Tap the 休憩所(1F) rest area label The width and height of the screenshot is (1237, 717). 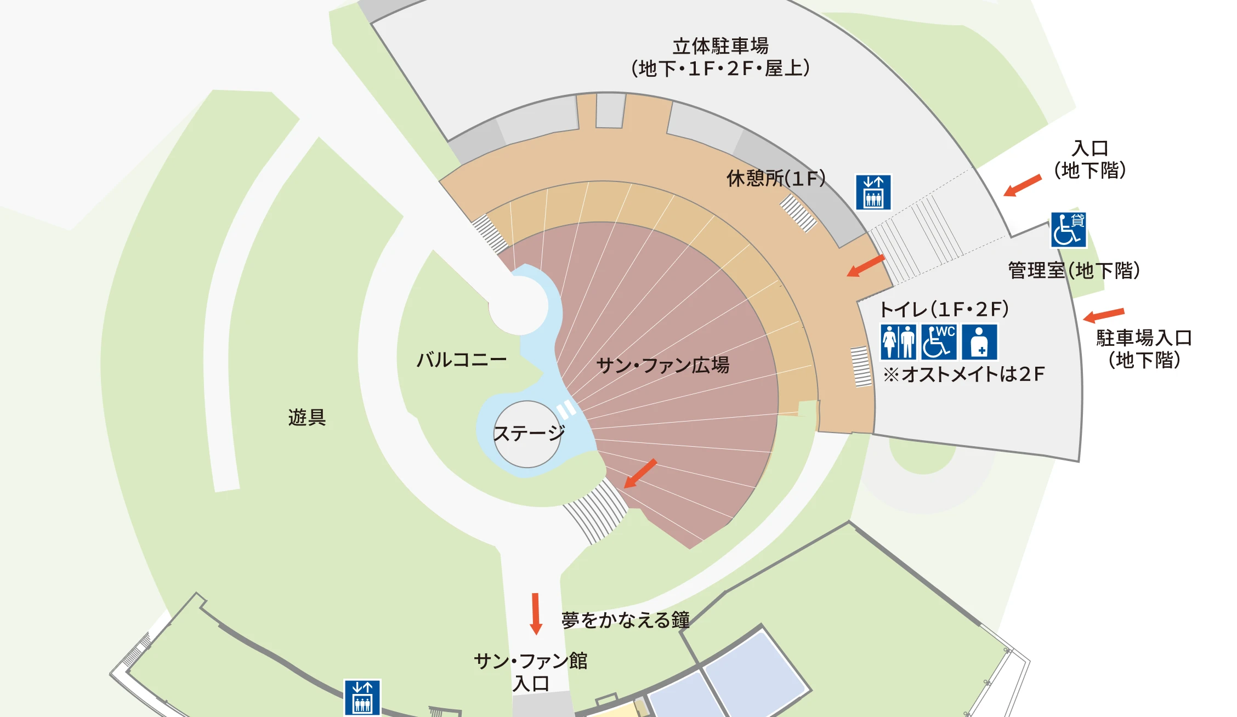click(x=775, y=178)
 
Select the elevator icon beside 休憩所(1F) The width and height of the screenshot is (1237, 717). click(x=873, y=192)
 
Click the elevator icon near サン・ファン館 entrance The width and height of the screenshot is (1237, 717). click(x=362, y=697)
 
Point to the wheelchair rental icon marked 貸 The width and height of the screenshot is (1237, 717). click(x=1068, y=230)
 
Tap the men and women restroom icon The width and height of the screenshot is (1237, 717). click(x=898, y=342)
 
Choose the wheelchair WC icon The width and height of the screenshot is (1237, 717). click(x=939, y=342)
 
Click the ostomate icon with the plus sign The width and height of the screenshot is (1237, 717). click(x=979, y=342)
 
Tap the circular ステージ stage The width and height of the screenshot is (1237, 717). click(x=527, y=434)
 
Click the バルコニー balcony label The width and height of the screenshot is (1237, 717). click(x=461, y=360)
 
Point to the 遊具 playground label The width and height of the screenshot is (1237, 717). click(x=307, y=418)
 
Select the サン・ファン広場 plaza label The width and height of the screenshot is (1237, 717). click(x=662, y=365)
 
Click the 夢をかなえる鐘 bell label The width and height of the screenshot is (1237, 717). click(x=625, y=620)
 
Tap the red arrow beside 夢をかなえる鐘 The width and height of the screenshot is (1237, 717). click(x=536, y=613)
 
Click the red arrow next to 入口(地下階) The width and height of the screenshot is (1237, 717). click(x=1022, y=185)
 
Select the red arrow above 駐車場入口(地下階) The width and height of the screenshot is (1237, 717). click(x=1103, y=315)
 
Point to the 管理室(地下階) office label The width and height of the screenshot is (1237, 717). click(x=1074, y=270)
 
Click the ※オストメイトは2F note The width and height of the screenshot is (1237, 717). click(x=964, y=374)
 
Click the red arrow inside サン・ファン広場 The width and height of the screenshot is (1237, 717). click(x=640, y=474)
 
